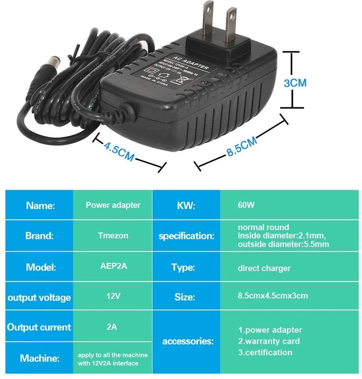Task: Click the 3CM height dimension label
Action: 295,83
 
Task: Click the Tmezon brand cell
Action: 113,236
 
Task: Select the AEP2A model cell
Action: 113,266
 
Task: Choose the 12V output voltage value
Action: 113,296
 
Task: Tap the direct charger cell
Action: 264,268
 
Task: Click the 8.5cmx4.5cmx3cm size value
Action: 273,296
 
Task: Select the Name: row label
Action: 40,205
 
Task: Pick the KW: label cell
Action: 186,205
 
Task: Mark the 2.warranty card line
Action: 269,341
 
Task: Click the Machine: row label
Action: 40,358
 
